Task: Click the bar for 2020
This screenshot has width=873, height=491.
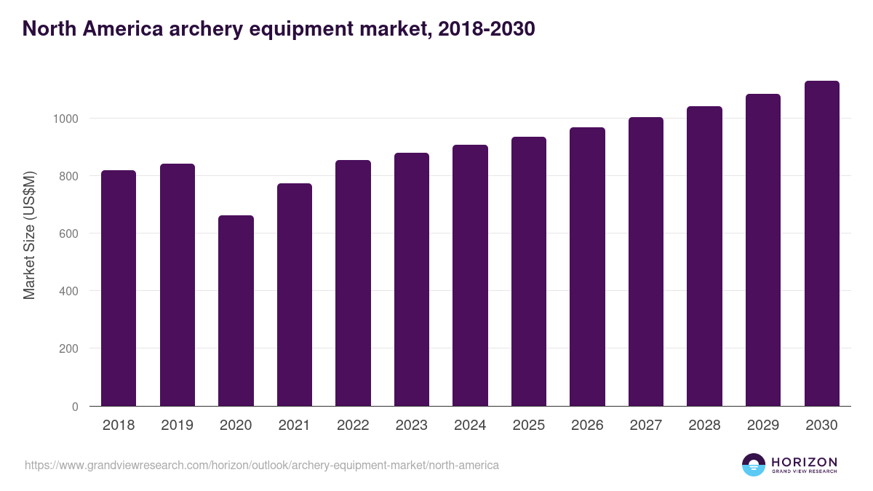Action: [x=236, y=311]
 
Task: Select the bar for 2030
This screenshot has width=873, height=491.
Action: [x=821, y=244]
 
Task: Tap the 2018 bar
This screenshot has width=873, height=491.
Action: [x=119, y=288]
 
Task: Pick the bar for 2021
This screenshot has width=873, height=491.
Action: [x=295, y=295]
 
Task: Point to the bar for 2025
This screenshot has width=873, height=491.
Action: [x=529, y=271]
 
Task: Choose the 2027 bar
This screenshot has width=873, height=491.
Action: [x=646, y=262]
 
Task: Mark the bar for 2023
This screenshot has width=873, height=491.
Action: [x=412, y=279]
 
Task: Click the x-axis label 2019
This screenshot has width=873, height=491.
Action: [x=177, y=426]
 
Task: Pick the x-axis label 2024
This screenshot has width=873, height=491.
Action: [x=470, y=426]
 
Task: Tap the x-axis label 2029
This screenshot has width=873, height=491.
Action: [x=762, y=426]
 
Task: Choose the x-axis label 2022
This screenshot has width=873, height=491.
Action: [x=353, y=426]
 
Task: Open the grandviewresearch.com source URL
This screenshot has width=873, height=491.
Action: [x=262, y=465]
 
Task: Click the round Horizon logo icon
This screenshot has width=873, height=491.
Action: [x=753, y=465]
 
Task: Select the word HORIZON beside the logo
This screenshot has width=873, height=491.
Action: [x=804, y=462]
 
